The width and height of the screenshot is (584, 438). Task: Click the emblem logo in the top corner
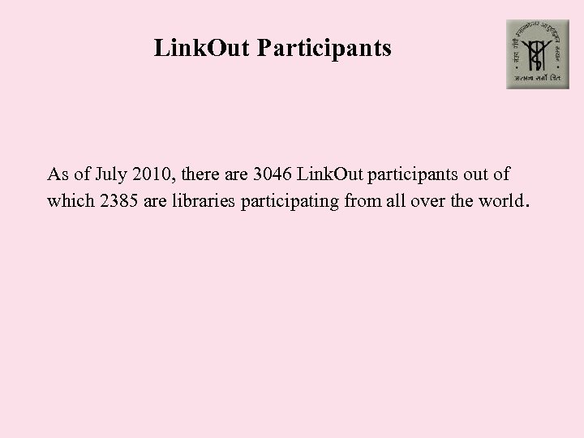click(x=538, y=54)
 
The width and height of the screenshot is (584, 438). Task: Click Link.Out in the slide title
click(x=202, y=49)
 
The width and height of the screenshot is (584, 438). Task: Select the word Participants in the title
click(x=324, y=49)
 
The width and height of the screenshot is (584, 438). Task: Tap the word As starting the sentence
click(x=57, y=174)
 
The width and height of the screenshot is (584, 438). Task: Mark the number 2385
click(x=118, y=200)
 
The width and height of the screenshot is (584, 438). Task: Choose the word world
click(x=499, y=200)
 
